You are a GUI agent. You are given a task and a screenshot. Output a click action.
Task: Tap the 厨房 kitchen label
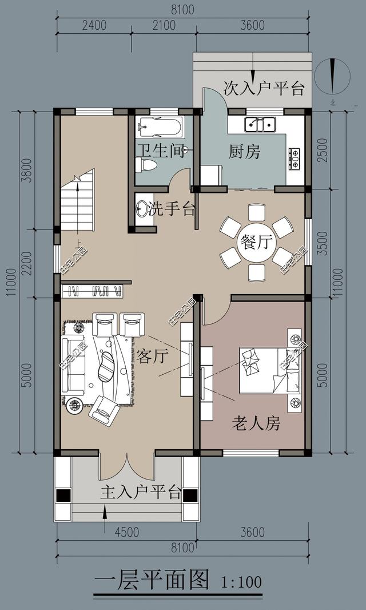[x=244, y=152]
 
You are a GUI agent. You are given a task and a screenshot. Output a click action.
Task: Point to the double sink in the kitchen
[x=260, y=124]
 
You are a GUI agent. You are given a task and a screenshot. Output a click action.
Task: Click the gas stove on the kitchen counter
[x=295, y=159]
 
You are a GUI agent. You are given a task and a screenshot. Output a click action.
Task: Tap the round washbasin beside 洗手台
[x=142, y=209]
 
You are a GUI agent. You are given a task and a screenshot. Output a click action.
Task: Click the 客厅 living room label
[x=152, y=357]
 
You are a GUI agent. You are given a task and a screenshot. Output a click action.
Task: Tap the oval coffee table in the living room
[x=107, y=366]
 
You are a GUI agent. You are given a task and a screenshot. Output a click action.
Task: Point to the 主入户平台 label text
[x=141, y=492]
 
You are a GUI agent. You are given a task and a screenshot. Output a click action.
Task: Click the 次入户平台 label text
[x=264, y=88]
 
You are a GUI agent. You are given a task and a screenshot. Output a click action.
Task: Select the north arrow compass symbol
[x=332, y=77]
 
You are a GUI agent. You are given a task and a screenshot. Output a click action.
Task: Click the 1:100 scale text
[x=241, y=582]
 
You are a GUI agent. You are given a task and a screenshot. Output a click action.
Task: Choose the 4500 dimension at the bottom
[x=126, y=532]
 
